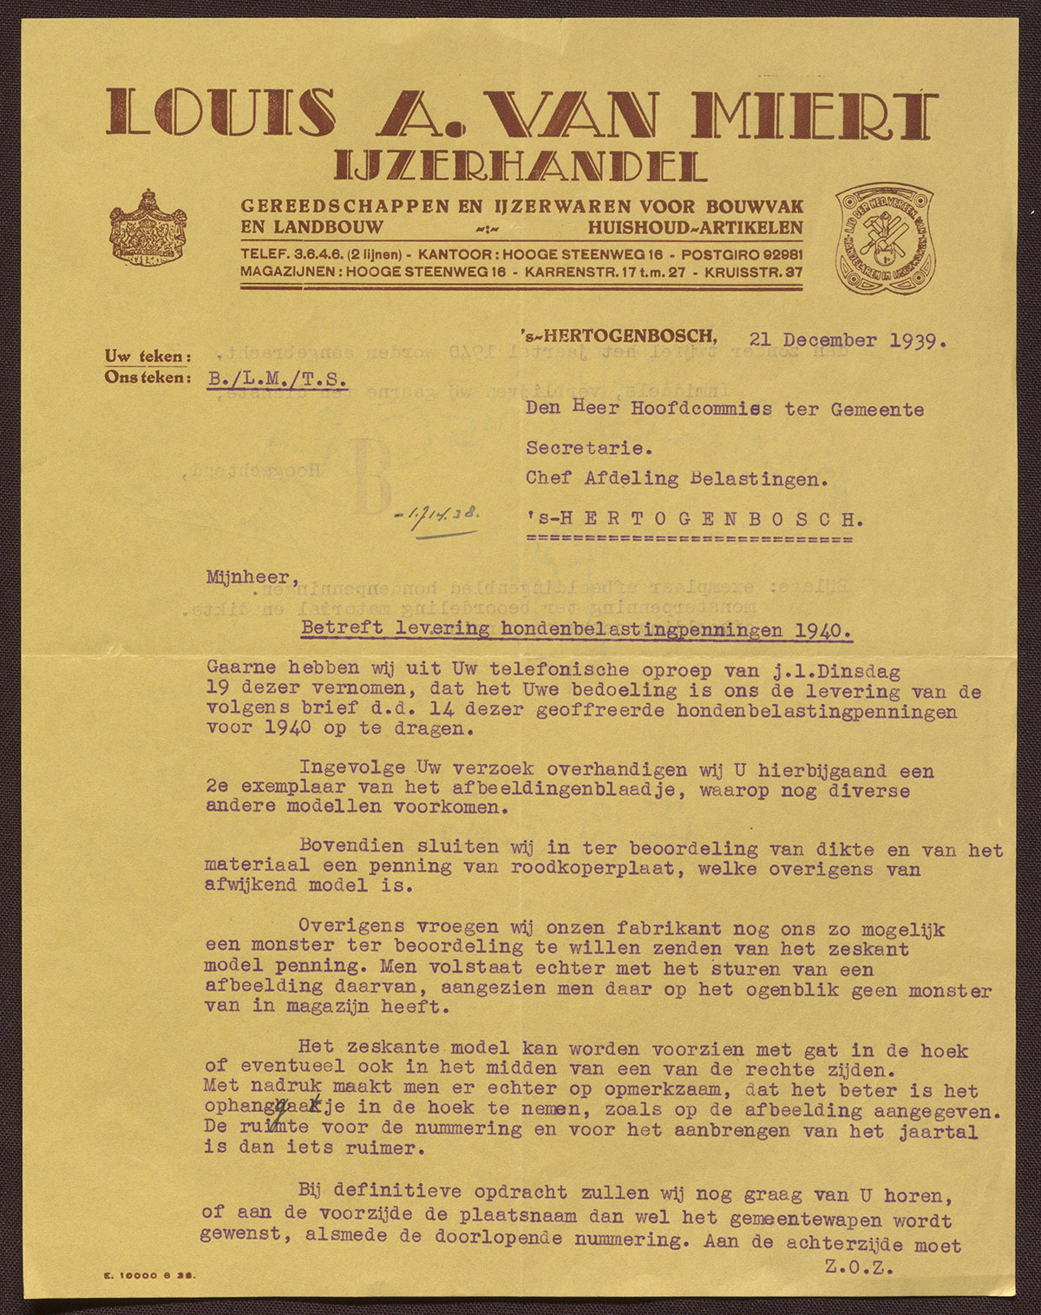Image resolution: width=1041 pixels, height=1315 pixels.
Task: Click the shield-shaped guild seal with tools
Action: [887, 239]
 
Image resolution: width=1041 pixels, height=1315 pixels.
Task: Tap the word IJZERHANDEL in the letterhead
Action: [520, 166]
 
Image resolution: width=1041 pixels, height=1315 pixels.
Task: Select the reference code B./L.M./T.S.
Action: [277, 379]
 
